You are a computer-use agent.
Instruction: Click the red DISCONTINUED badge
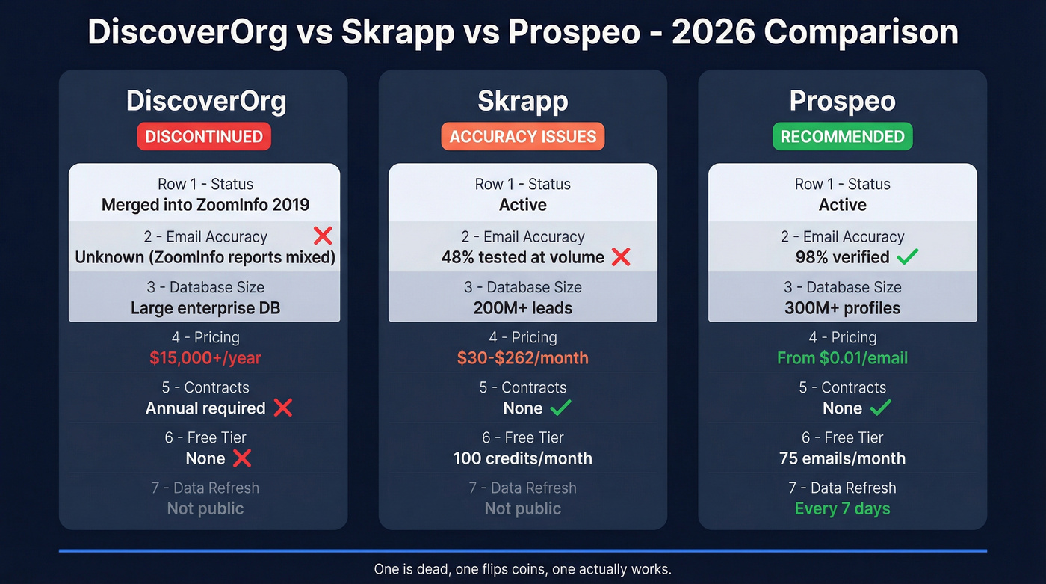pos(204,137)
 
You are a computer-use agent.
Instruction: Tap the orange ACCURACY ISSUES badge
pos(523,137)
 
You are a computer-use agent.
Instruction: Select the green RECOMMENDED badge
pos(842,137)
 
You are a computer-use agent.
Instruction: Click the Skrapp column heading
pos(523,101)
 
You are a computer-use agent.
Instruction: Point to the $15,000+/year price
pos(205,358)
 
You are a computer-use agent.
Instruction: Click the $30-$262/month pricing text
pos(523,358)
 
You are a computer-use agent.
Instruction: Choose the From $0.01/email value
pos(842,358)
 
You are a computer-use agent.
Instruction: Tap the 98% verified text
pos(842,257)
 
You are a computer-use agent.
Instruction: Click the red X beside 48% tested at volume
pos(621,257)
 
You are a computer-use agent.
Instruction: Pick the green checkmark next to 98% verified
pos(907,257)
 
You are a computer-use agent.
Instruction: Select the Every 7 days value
pos(842,509)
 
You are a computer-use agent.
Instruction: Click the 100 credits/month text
pos(523,458)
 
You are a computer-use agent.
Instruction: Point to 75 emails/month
pos(842,458)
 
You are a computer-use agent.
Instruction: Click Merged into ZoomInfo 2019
pos(205,205)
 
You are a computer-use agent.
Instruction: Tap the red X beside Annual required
pos(282,408)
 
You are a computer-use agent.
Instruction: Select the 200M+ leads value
pos(523,308)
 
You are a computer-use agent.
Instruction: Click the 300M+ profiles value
pos(842,308)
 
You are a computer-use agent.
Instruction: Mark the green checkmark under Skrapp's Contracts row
pos(560,408)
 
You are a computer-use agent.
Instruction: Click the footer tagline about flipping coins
pos(523,569)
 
